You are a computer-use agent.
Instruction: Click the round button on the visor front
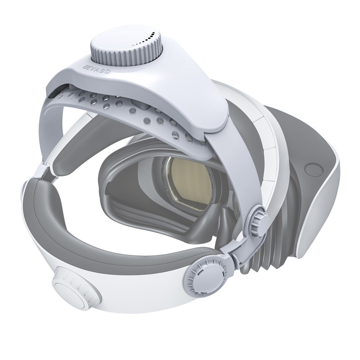(x=311, y=170)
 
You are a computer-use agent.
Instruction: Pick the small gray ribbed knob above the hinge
(x=257, y=214)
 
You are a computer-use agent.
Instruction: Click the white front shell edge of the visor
(x=324, y=202)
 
